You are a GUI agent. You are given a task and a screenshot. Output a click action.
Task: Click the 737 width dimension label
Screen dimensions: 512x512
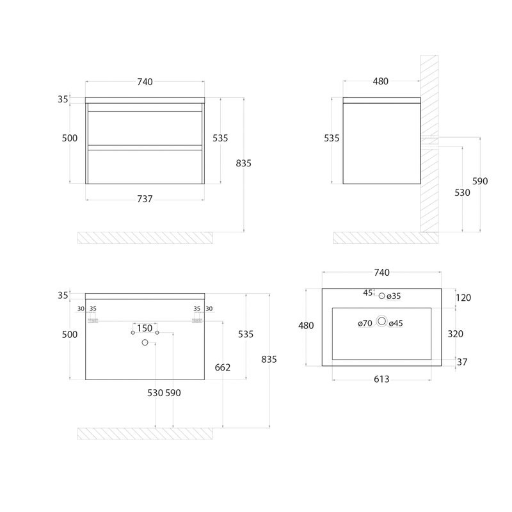(145, 199)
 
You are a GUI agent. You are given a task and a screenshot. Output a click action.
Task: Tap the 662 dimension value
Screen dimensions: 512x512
(222, 367)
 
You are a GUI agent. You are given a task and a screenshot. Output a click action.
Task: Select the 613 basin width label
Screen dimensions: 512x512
(381, 379)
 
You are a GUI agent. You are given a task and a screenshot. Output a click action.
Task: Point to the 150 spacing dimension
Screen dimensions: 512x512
(145, 328)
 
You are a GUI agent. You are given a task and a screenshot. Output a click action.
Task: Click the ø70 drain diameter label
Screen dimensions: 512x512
(365, 323)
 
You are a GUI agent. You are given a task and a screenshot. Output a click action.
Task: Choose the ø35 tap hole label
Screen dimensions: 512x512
(394, 296)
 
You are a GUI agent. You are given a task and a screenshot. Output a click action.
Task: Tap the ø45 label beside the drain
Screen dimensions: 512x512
(396, 323)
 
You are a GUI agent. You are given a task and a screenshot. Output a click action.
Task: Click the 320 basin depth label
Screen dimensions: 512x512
(455, 333)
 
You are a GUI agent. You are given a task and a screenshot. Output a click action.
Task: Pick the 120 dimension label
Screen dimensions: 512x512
(463, 298)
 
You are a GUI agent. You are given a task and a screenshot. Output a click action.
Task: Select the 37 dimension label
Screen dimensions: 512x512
(461, 362)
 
